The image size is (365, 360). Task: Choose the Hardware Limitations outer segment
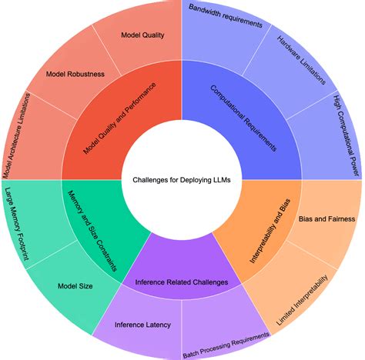[295, 64]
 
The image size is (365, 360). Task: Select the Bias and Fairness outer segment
[320, 219]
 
